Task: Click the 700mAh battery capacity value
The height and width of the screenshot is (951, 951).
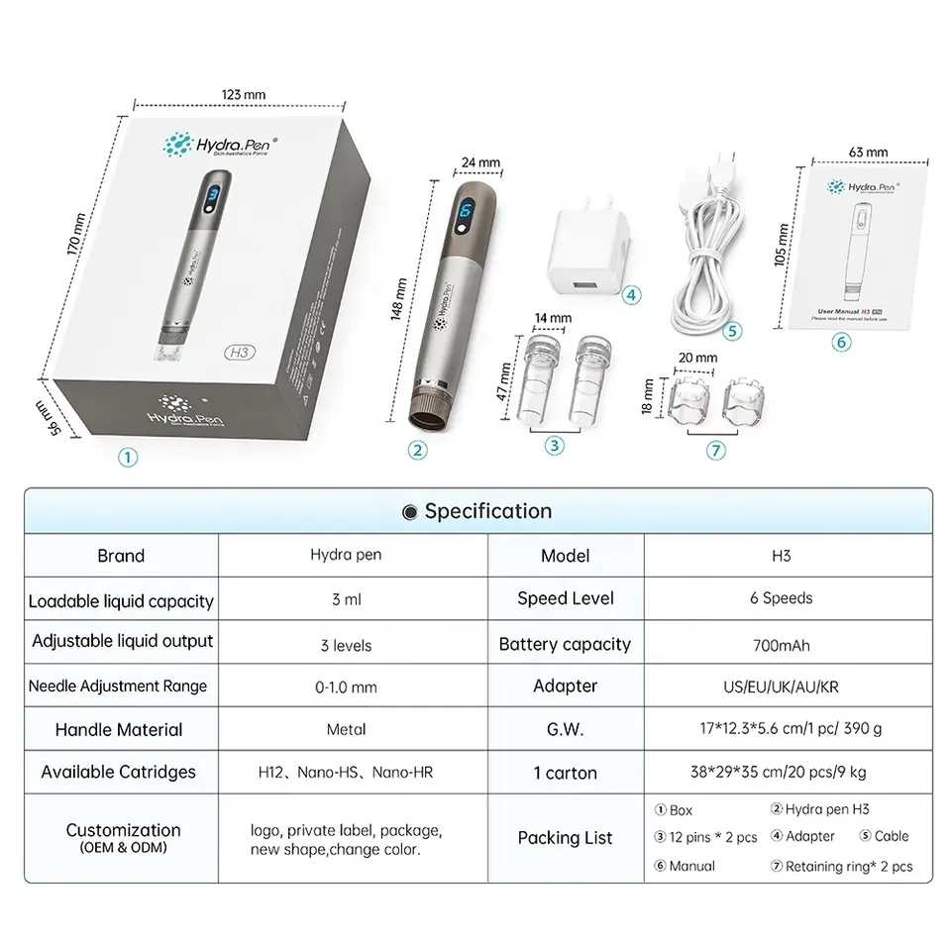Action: (x=781, y=646)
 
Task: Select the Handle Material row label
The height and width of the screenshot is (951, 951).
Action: (x=119, y=730)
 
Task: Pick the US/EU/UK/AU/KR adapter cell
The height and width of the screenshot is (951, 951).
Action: (x=781, y=686)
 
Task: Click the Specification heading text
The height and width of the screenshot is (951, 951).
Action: (x=487, y=511)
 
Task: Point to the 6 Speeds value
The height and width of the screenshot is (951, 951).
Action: (x=781, y=598)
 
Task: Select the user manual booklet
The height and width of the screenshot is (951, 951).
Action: (x=869, y=249)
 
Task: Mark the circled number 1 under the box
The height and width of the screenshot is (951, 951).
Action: (x=126, y=457)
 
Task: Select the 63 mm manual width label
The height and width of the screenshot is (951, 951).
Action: (x=869, y=152)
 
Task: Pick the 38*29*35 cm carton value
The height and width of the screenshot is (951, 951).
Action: (x=781, y=773)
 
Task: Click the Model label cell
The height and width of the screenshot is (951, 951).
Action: (x=566, y=556)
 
